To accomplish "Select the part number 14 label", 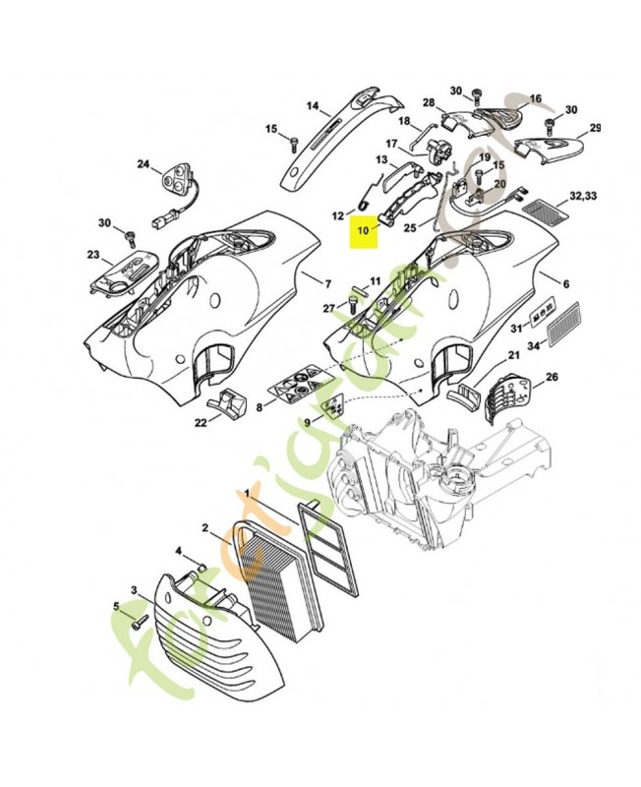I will click(x=313, y=106).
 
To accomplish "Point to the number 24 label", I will click(x=142, y=164).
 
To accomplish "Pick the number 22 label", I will click(x=200, y=422).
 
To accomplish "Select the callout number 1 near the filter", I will click(x=234, y=503).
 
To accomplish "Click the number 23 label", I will click(x=93, y=256).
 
